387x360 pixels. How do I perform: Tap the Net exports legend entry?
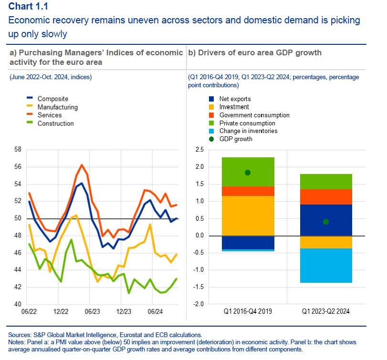tap(235, 99)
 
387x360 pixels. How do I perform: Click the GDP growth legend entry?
tap(236, 139)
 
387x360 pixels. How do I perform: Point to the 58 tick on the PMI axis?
tap(18, 150)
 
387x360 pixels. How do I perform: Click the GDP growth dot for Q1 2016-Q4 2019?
tap(248, 173)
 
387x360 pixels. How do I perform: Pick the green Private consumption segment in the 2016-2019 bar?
tap(248, 172)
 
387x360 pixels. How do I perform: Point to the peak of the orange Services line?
tap(82, 165)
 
